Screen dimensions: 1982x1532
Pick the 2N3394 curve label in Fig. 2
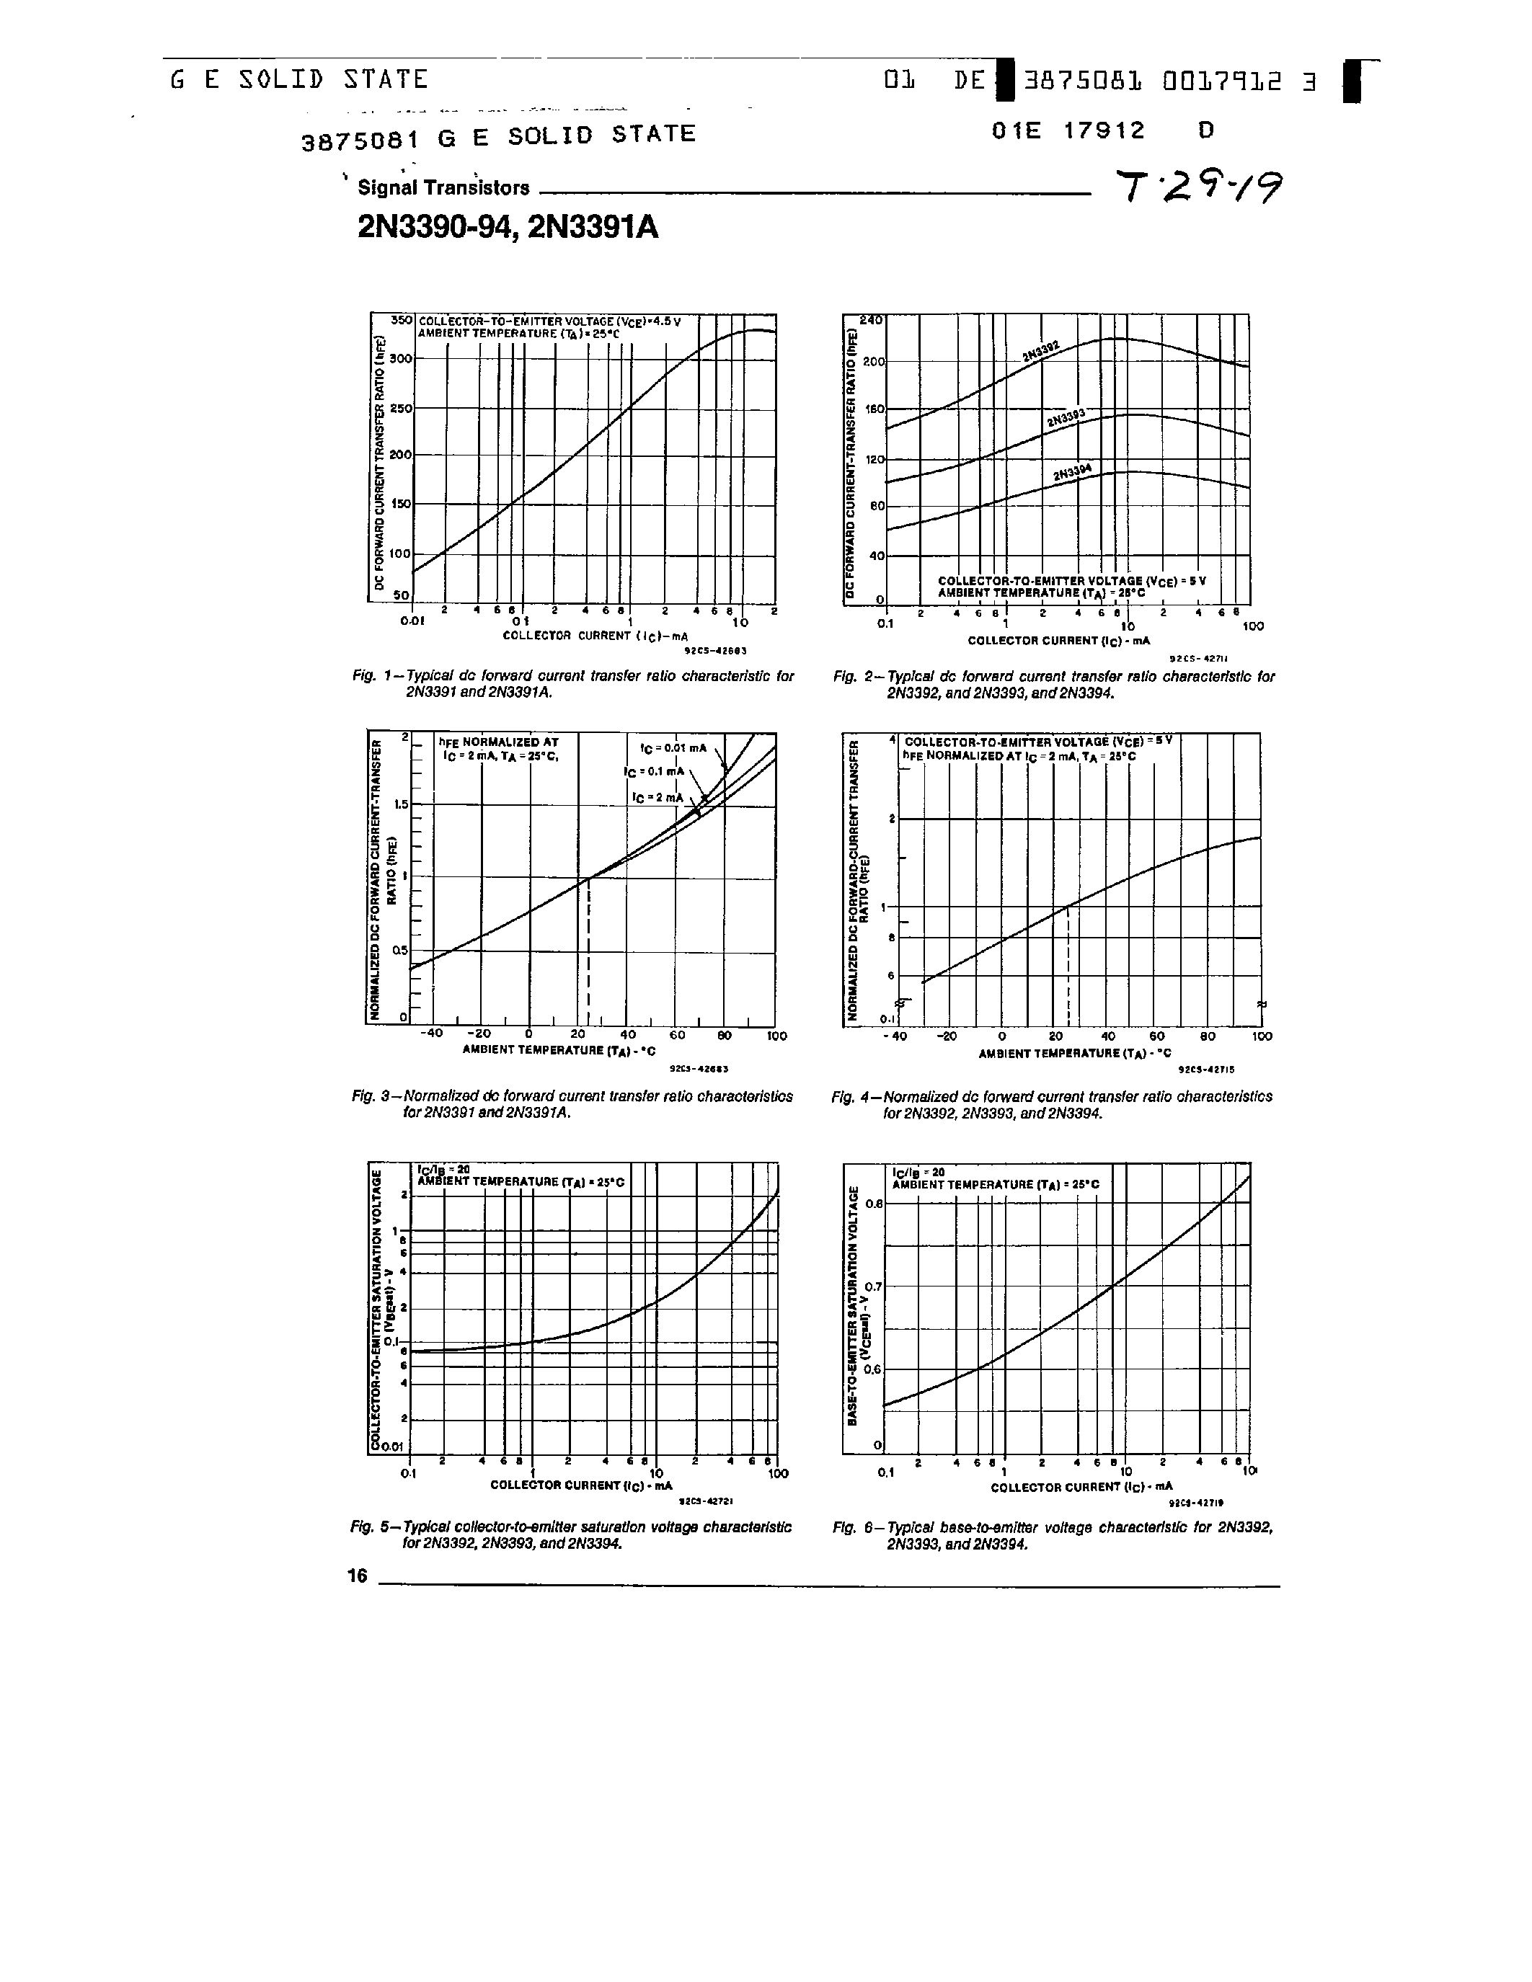(1072, 472)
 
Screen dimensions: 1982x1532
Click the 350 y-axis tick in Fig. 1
(401, 320)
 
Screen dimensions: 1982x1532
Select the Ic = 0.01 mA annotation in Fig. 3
(673, 748)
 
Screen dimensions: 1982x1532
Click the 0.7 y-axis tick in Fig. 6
(872, 1286)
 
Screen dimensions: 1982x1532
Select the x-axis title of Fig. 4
(1075, 1053)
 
